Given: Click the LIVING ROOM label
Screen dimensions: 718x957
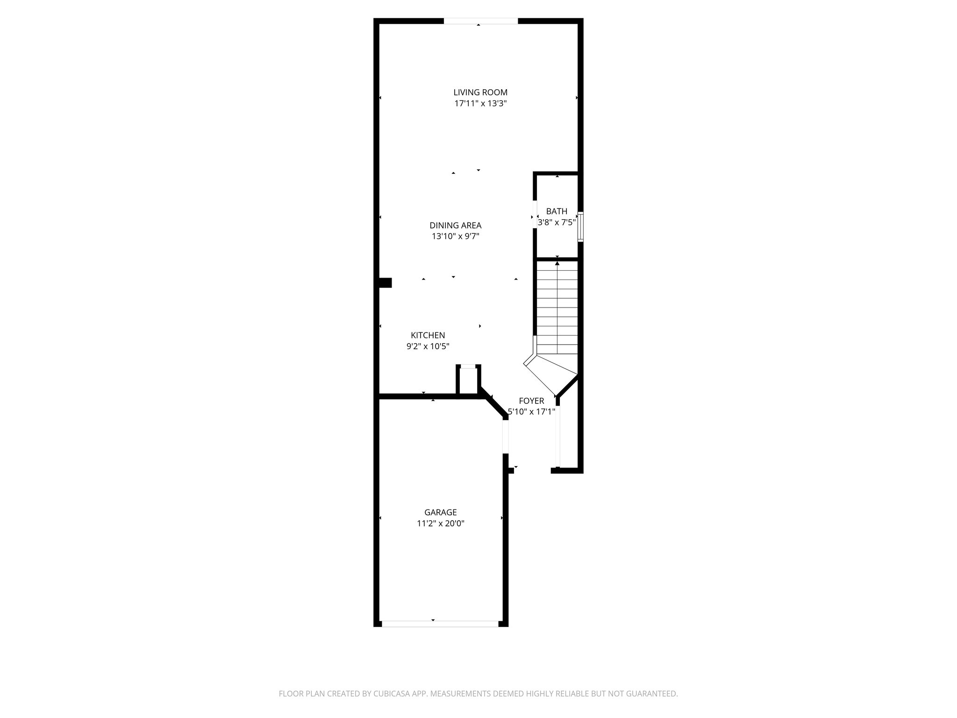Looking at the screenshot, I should pos(480,93).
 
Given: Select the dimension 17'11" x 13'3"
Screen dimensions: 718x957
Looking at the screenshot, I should pos(480,104).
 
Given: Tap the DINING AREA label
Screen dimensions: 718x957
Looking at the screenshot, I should pos(456,225).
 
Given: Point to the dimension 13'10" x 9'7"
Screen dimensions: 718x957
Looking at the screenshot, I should pos(456,237).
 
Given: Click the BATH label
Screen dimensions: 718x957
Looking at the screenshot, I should pos(557,211).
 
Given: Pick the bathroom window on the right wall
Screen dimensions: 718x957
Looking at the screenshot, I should pos(580,227).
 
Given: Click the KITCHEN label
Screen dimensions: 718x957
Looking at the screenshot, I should pos(428,335).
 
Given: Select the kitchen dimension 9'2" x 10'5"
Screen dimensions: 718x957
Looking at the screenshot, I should pos(428,346).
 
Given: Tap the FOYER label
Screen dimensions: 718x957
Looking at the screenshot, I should pos(531,401).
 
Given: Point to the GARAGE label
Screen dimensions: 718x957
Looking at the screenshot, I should pos(440,512).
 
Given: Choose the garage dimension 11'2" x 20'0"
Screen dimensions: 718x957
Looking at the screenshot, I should pos(440,524).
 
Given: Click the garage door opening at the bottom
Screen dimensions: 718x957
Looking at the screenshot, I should pos(440,624).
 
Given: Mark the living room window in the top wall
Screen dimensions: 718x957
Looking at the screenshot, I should pos(480,21).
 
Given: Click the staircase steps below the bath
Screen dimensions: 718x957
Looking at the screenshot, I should pos(557,309).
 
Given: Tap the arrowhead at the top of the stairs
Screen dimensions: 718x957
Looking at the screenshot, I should pos(557,264).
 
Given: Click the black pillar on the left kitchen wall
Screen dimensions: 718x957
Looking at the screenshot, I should pos(385,283).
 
